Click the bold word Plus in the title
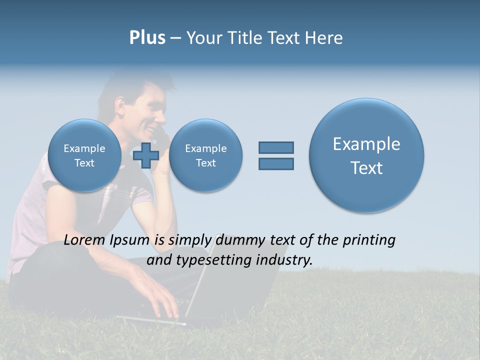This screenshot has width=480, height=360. [x=147, y=38]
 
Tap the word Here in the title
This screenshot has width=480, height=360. [x=323, y=38]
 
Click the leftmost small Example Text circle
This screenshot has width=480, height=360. [x=84, y=155]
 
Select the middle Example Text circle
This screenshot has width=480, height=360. [x=205, y=155]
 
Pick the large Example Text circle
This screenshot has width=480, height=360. [x=366, y=155]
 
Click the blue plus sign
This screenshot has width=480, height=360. [x=146, y=155]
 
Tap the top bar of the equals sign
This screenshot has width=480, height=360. [x=276, y=147]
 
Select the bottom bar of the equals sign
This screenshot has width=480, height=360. [x=276, y=163]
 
